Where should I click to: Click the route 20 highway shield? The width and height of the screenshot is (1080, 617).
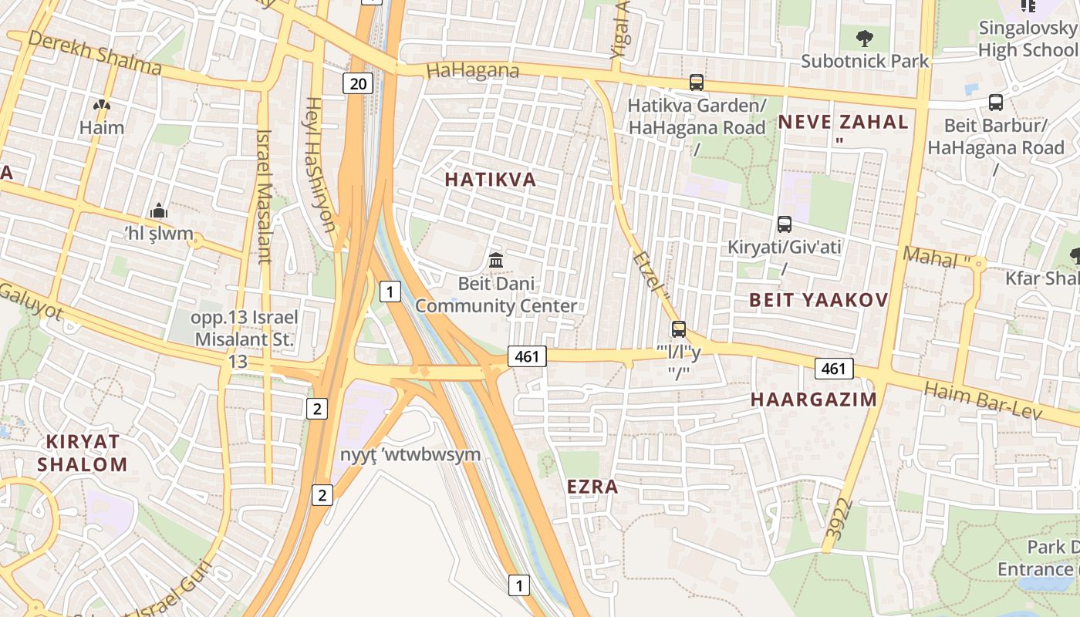pyautogui.click(x=358, y=83)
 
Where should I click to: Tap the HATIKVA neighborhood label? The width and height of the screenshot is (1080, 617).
pyautogui.click(x=490, y=180)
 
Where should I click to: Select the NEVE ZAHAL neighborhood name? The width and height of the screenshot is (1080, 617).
pyautogui.click(x=842, y=122)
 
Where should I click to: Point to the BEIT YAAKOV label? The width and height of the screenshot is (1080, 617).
pyautogui.click(x=818, y=300)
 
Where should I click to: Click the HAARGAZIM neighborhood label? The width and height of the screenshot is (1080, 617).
pyautogui.click(x=814, y=400)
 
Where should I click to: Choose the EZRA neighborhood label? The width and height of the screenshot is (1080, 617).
pyautogui.click(x=592, y=487)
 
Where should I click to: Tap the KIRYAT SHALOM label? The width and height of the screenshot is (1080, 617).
pyautogui.click(x=83, y=453)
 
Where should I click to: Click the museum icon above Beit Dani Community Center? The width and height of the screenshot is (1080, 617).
pyautogui.click(x=496, y=261)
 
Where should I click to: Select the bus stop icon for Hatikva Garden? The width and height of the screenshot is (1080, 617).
pyautogui.click(x=697, y=83)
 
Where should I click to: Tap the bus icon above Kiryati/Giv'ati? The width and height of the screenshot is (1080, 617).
pyautogui.click(x=785, y=224)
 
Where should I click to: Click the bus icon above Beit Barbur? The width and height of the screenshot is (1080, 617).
pyautogui.click(x=996, y=102)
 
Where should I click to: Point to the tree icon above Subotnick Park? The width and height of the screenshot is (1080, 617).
pyautogui.click(x=864, y=36)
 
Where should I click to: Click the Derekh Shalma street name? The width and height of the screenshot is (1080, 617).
pyautogui.click(x=95, y=54)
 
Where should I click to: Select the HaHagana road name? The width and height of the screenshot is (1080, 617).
pyautogui.click(x=472, y=71)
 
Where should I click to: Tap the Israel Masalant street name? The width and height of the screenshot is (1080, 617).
pyautogui.click(x=264, y=196)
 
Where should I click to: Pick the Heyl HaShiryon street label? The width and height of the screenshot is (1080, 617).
pyautogui.click(x=321, y=164)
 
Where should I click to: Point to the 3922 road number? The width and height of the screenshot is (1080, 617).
pyautogui.click(x=839, y=519)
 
